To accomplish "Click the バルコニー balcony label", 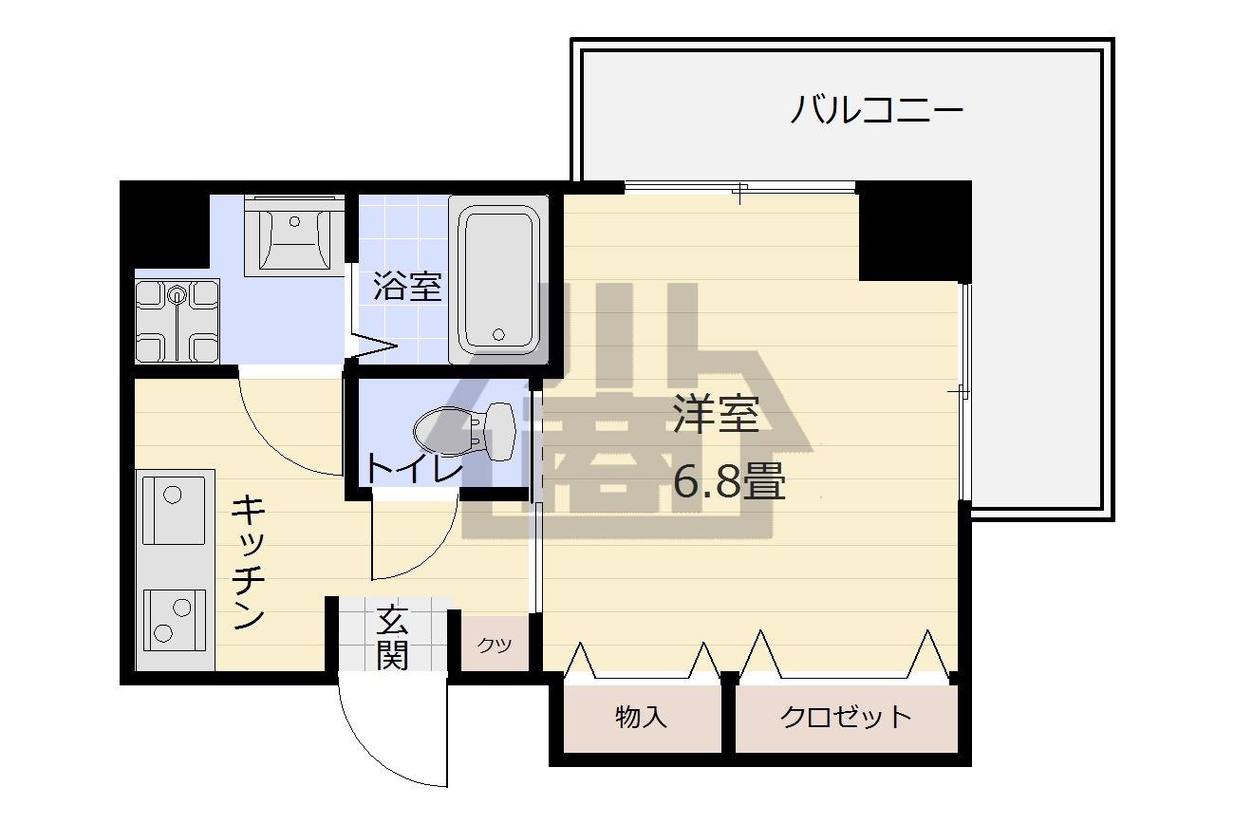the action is pos(876,109).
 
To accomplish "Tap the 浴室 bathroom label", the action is pos(407,286).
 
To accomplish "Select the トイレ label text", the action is pos(414,469).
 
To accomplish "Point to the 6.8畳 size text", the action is pos(728,481).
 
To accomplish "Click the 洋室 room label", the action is pos(716,414).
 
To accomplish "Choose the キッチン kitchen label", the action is pos(249,562).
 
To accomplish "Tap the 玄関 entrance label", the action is pos(392,637).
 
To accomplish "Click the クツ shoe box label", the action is pos(495,645).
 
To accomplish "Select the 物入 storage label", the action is pos(641,717).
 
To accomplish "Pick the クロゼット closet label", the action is pos(846,717).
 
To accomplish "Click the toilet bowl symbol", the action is pos(464,431).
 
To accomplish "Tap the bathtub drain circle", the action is pos(499,334).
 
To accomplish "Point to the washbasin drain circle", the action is pos(294,221).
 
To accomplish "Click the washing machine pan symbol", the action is pos(177,321).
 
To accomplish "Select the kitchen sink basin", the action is pos(174,510).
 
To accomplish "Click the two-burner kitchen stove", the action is pos(175,619).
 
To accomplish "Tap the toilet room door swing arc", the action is pos(433,556).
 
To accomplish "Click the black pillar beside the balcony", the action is pos(914,231).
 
